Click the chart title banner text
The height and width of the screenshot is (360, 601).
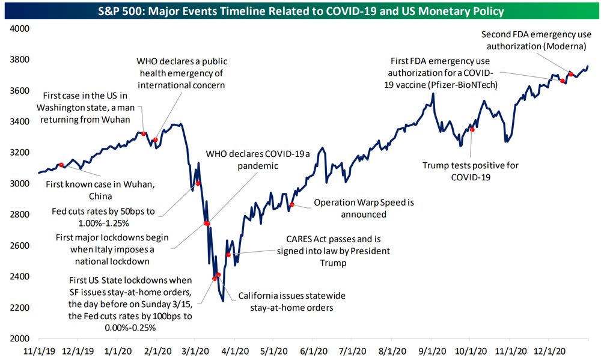[301, 11]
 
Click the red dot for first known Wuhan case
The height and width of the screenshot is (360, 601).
[61, 164]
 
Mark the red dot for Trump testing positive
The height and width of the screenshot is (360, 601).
[472, 129]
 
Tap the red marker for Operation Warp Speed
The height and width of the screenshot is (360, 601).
[292, 205]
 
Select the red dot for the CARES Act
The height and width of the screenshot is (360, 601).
[228, 255]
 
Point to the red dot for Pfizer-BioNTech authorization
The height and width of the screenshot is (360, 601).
[563, 81]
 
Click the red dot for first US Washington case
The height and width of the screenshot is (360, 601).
[144, 133]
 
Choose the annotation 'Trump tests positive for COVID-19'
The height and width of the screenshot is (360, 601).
[471, 171]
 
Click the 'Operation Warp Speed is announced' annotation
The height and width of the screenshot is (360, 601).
[364, 209]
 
